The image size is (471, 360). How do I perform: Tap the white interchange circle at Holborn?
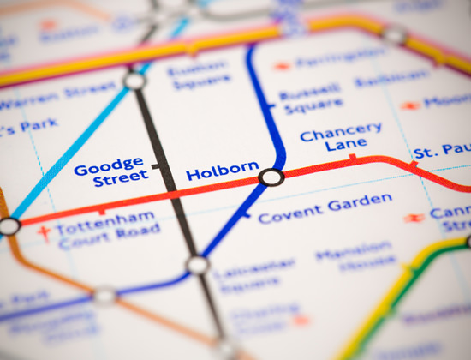point(271,177)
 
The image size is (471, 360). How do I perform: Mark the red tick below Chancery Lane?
point(352,157)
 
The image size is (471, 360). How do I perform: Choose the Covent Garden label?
point(325,208)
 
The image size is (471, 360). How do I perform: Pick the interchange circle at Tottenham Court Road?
point(9,226)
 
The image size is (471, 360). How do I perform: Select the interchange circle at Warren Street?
point(134,81)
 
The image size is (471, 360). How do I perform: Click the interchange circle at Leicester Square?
point(198,265)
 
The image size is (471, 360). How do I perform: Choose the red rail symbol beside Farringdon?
point(283,66)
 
